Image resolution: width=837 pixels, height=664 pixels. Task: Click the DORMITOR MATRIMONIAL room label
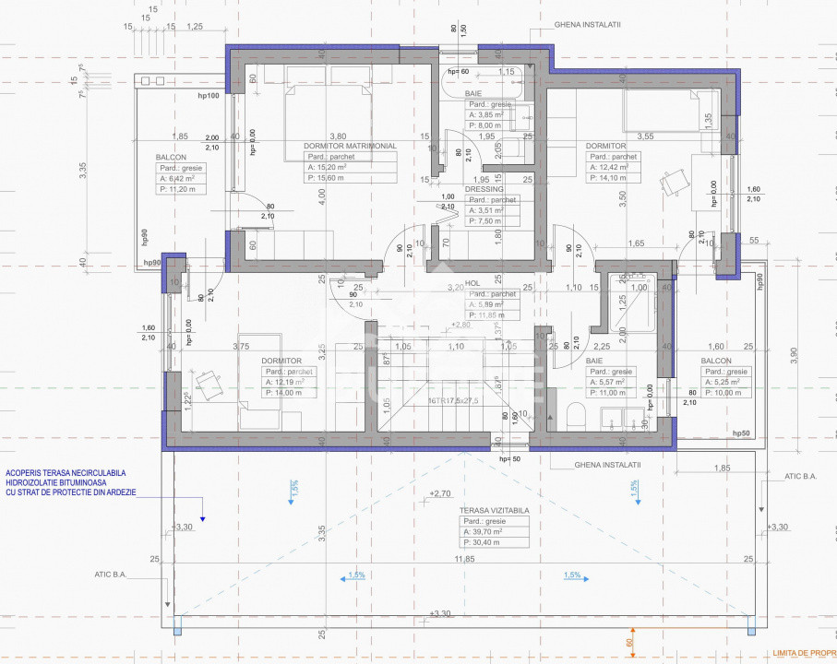point(350,146)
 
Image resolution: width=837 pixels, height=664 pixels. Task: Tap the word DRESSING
point(484,189)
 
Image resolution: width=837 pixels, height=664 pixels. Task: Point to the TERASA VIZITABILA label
point(500,509)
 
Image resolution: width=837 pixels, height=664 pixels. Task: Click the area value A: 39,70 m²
point(496,531)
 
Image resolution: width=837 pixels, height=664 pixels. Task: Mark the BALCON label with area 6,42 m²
point(171,158)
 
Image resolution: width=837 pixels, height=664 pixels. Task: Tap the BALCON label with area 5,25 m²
point(716,361)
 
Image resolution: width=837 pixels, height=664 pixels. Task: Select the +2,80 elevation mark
point(461,325)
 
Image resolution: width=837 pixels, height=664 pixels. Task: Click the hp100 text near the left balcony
point(209,96)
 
